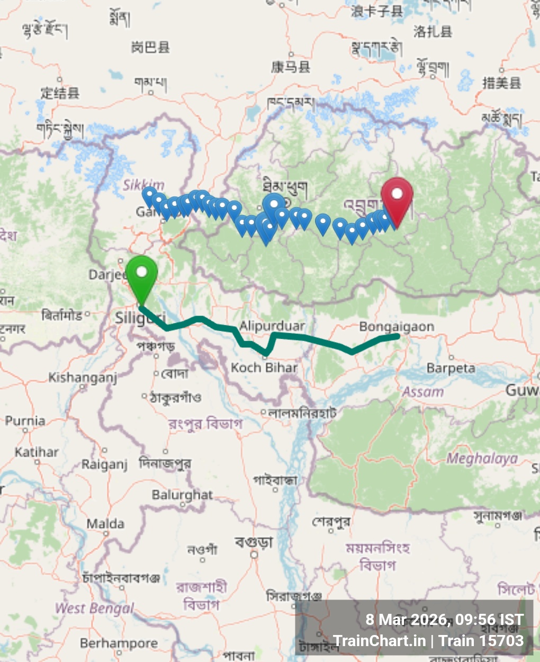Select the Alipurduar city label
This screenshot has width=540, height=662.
tap(272, 325)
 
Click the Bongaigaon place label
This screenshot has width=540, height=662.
tap(397, 327)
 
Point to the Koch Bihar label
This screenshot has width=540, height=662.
tap(264, 367)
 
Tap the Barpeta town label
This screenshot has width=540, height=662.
tap(451, 368)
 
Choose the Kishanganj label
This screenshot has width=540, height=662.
tap(83, 378)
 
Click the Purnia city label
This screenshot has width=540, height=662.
tap(25, 421)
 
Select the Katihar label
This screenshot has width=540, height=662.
tap(37, 452)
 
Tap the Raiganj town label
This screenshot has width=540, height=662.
tap(104, 464)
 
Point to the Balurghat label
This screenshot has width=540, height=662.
tap(182, 495)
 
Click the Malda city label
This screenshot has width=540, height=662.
tap(105, 524)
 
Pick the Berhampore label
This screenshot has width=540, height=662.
tap(119, 643)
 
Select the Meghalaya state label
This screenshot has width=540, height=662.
tap(482, 458)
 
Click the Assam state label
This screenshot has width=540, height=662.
tap(422, 392)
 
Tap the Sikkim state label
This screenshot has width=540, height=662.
tap(144, 185)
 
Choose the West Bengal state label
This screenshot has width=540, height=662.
tap(95, 608)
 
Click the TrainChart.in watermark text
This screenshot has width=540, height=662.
tap(380, 641)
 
